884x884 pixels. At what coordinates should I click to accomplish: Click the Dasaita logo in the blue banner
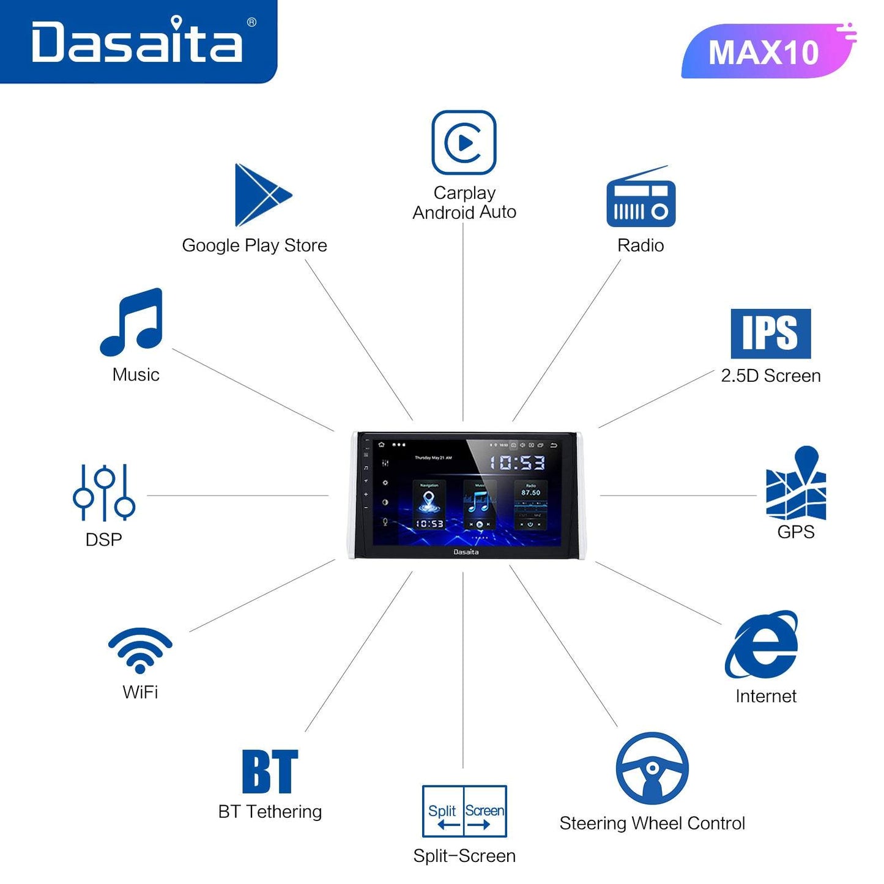(x=138, y=41)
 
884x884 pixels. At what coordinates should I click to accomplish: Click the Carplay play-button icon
(x=464, y=143)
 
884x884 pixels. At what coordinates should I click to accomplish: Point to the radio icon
(x=641, y=199)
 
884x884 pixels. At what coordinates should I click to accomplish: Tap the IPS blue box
(x=770, y=333)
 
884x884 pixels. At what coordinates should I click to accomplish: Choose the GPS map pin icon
(x=796, y=483)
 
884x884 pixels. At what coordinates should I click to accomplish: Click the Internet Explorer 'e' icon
(x=762, y=645)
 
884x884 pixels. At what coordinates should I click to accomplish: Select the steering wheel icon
(x=652, y=768)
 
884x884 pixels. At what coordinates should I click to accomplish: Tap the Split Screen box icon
(x=464, y=811)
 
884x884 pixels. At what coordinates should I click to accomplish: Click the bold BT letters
(x=270, y=771)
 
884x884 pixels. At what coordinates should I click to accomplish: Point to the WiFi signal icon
(x=140, y=650)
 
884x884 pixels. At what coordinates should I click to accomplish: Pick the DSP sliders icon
(x=104, y=493)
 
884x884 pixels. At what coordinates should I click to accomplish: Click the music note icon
(x=133, y=322)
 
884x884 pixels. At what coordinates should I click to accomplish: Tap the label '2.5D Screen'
(x=771, y=376)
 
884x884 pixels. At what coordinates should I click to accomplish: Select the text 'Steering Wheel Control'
(x=652, y=823)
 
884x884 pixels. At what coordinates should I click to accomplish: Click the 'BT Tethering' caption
(x=270, y=812)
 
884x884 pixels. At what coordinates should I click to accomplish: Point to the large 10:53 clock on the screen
(x=518, y=462)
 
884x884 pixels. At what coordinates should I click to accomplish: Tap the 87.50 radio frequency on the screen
(x=530, y=492)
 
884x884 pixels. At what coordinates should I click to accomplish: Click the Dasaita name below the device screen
(x=466, y=552)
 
